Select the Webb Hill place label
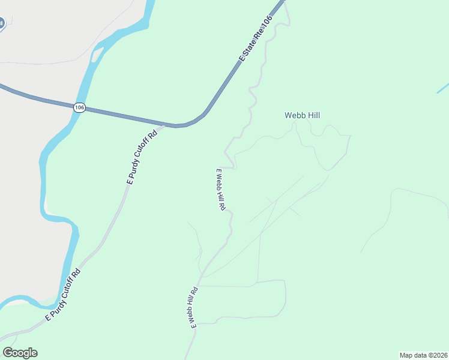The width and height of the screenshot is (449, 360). pyautogui.click(x=303, y=115)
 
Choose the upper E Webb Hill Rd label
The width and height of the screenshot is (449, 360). pyautogui.click(x=220, y=189)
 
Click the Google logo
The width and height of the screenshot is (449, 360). pyautogui.click(x=20, y=353)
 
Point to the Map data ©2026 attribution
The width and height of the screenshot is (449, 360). pyautogui.click(x=424, y=355)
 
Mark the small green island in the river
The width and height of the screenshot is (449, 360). pyautogui.click(x=96, y=55)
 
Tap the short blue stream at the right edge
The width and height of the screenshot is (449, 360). pyautogui.click(x=442, y=88)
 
